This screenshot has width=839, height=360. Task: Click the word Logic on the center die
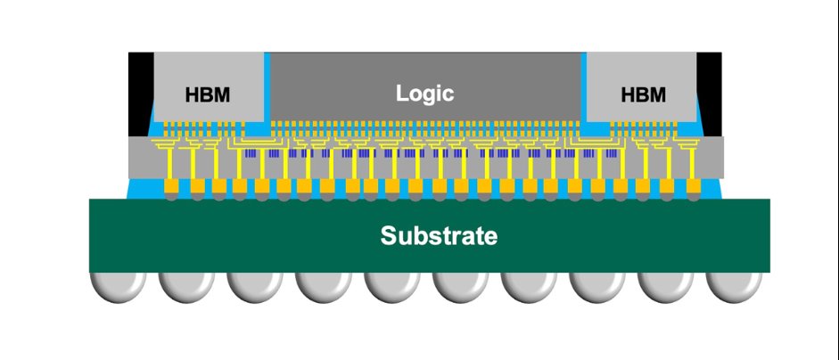[425, 94]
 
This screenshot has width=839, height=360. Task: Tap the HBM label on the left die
[208, 95]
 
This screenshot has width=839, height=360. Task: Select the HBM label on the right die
[643, 95]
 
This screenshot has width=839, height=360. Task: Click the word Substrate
[439, 235]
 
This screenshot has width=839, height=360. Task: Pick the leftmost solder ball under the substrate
[119, 287]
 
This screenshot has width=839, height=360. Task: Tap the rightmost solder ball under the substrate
[734, 287]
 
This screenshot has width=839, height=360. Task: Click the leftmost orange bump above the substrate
[170, 185]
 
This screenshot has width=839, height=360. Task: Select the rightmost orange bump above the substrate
[694, 185]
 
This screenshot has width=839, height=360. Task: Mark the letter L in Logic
[402, 93]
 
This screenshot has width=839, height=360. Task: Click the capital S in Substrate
[389, 235]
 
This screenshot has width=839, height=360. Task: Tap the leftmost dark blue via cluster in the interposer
[251, 153]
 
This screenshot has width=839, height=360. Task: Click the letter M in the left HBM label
[223, 95]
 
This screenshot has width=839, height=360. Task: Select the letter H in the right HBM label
[628, 95]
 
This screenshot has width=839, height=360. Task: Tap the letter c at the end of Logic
[448, 95]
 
